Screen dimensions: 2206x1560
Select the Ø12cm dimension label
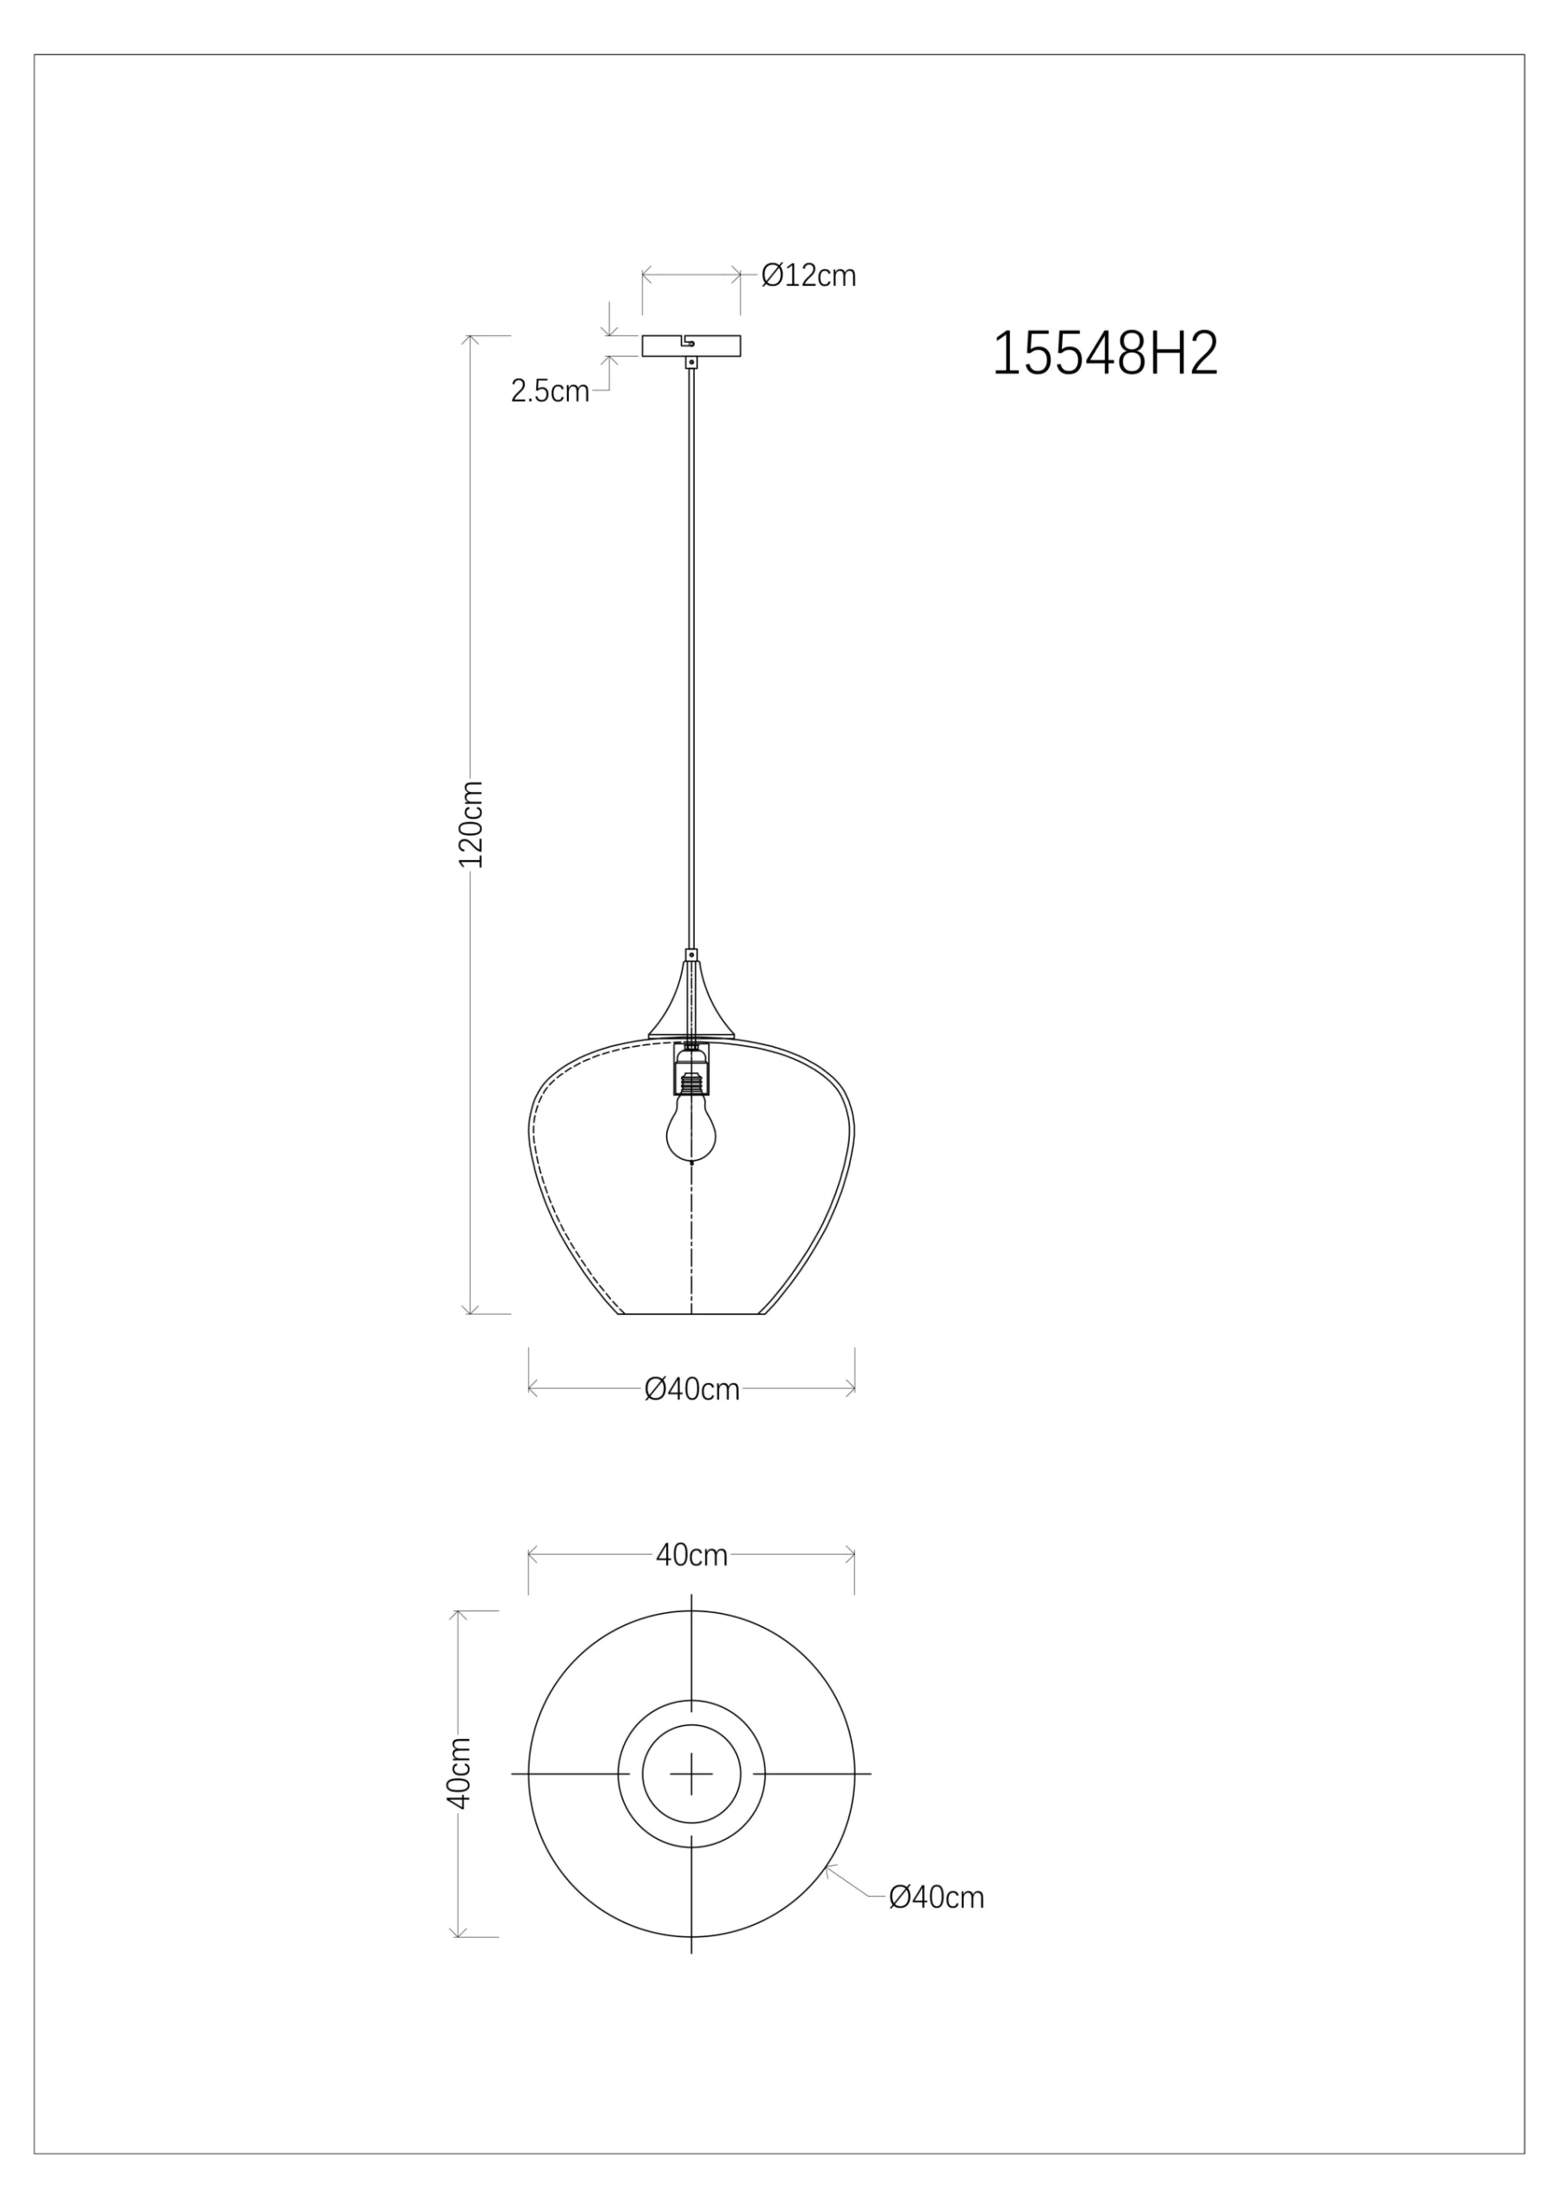pyautogui.click(x=808, y=276)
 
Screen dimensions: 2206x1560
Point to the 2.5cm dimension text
pyautogui.click(x=550, y=392)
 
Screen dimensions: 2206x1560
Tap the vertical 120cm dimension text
pyautogui.click(x=470, y=824)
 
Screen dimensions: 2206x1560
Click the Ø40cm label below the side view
pyautogui.click(x=691, y=1389)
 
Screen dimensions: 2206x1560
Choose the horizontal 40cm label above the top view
pyautogui.click(x=691, y=1555)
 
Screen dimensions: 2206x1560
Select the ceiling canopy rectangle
pyautogui.click(x=691, y=345)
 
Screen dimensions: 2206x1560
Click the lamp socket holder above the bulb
pyautogui.click(x=691, y=1069)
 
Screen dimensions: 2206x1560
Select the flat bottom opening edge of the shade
pyautogui.click(x=691, y=1313)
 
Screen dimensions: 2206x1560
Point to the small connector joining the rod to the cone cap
pyautogui.click(x=691, y=955)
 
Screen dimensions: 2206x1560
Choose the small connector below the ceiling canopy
pyautogui.click(x=691, y=362)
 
